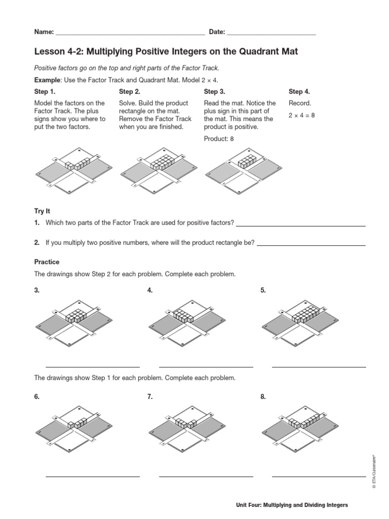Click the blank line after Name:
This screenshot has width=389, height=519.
(x=130, y=33)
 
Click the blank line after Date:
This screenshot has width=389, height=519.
(x=271, y=33)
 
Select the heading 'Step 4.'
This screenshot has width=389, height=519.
(x=299, y=92)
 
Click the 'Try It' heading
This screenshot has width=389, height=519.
(x=42, y=210)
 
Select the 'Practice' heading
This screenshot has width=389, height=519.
(x=47, y=262)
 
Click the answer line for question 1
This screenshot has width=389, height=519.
(x=301, y=225)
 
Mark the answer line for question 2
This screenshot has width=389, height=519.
(x=311, y=245)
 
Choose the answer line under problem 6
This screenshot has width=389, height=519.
(x=93, y=476)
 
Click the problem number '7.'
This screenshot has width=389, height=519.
(x=150, y=397)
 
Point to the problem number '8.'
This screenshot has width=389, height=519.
(x=263, y=397)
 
